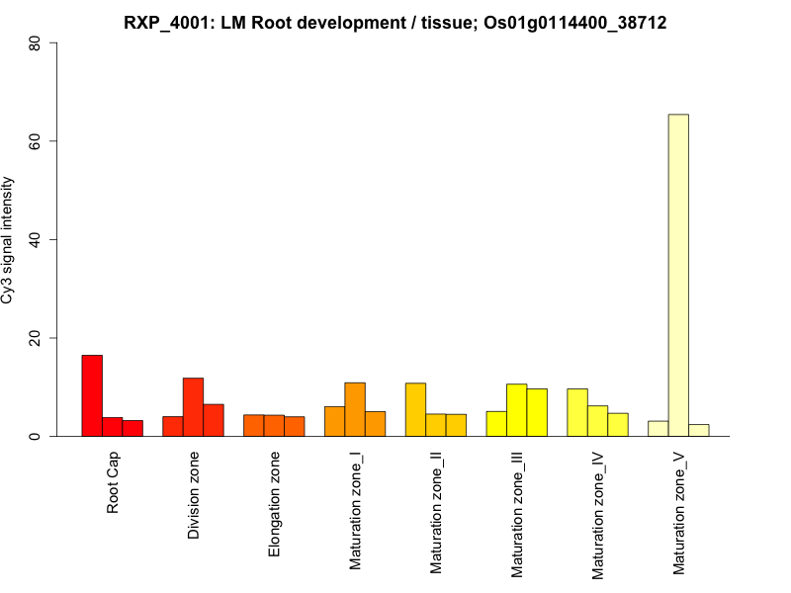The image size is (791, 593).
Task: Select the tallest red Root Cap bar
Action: (x=92, y=395)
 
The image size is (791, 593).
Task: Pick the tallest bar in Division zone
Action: (x=193, y=406)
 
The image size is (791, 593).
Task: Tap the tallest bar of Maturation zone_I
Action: (x=355, y=409)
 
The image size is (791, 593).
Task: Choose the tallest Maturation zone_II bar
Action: (x=415, y=409)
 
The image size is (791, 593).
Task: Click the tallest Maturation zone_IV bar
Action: (x=577, y=412)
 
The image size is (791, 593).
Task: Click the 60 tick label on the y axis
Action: (x=36, y=141)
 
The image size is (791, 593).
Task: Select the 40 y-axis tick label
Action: (x=36, y=239)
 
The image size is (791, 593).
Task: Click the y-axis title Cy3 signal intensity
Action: (x=9, y=239)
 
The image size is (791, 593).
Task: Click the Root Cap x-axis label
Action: (x=113, y=483)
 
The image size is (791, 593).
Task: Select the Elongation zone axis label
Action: (x=275, y=504)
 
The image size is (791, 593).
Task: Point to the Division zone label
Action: (x=194, y=495)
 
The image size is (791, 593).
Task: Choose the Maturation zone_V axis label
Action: (x=679, y=513)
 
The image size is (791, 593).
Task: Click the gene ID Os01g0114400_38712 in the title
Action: (x=577, y=23)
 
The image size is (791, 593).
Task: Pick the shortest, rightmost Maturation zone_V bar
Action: (x=699, y=430)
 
